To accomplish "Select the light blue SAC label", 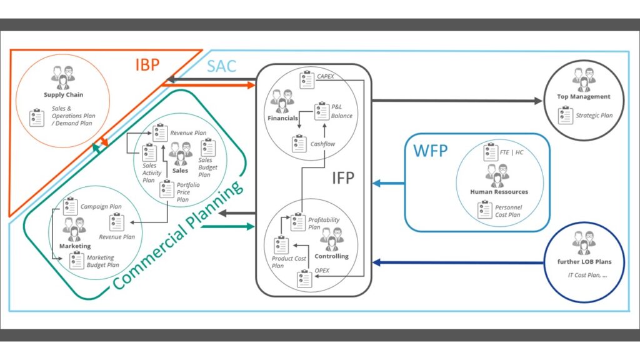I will click(x=222, y=65).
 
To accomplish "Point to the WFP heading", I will click(x=430, y=150).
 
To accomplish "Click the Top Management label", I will click(x=583, y=97).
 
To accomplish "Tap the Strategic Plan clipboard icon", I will click(x=566, y=115).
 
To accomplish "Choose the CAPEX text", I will click(x=327, y=77).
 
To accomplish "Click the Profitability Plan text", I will click(x=324, y=223).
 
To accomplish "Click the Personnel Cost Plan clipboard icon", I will click(x=485, y=211).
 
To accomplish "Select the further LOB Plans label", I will click(x=584, y=261).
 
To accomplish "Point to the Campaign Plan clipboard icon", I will click(x=70, y=206).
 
